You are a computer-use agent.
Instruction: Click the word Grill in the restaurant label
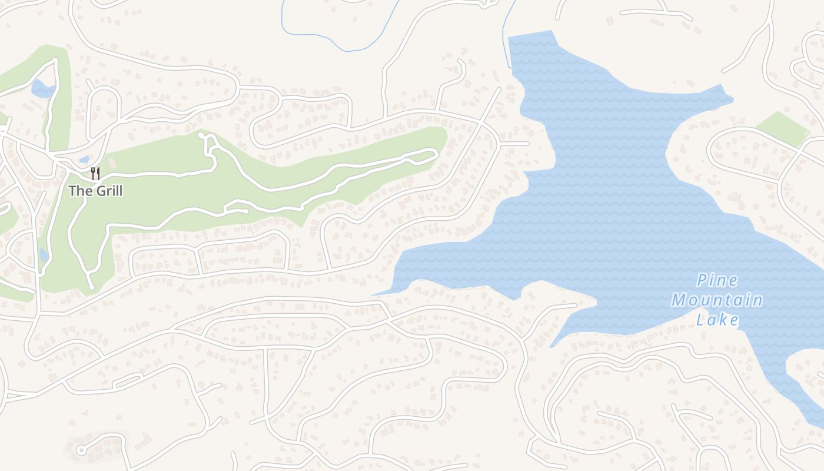(x=107, y=191)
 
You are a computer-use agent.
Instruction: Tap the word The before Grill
(x=78, y=191)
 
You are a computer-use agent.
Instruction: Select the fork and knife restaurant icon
(x=95, y=173)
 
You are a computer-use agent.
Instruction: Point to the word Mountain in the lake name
(x=717, y=300)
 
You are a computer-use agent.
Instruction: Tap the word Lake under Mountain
(x=717, y=320)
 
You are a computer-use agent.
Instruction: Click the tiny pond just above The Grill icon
(x=84, y=159)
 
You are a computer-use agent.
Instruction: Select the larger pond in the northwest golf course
(x=42, y=89)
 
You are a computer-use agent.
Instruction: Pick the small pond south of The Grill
(x=44, y=254)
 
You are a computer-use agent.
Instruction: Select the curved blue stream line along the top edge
(x=335, y=41)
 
